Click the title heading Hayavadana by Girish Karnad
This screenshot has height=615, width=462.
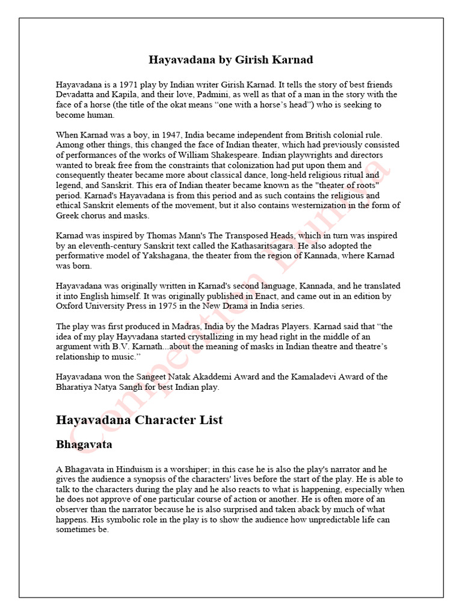coord(231,60)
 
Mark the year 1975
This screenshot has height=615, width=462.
coord(184,306)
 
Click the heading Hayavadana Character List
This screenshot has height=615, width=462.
coord(139,420)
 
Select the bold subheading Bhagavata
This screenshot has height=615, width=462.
coord(84,445)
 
